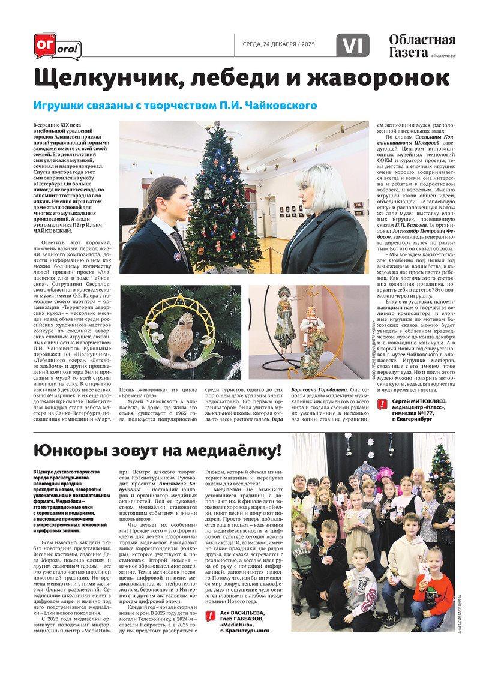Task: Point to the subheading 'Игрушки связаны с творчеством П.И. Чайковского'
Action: [x=175, y=106]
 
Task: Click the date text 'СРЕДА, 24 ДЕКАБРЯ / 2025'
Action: [x=278, y=44]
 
